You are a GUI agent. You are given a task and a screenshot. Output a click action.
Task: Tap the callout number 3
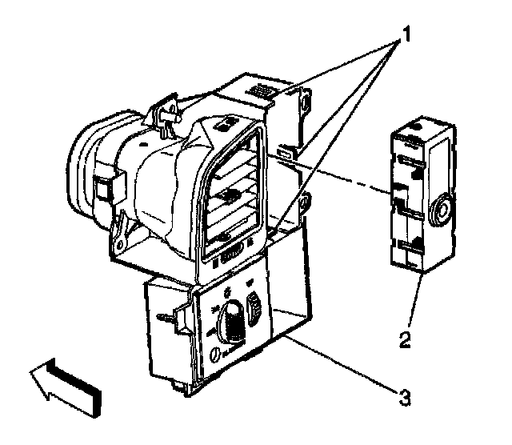click(x=407, y=394)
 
